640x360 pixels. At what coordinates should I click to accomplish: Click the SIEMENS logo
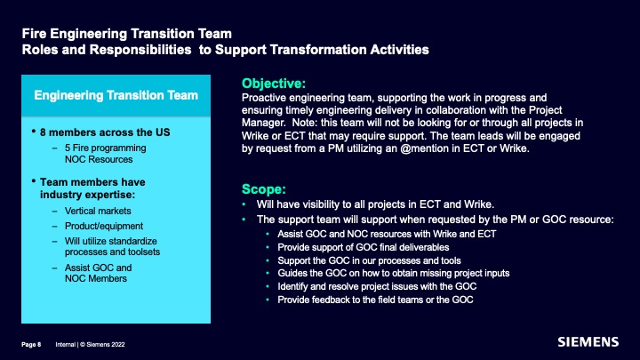(588, 342)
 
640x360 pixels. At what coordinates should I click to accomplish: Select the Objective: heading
(274, 84)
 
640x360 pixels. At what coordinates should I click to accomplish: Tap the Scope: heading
(264, 189)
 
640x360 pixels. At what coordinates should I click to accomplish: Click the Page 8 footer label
(31, 345)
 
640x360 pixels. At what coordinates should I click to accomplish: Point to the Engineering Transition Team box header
(116, 95)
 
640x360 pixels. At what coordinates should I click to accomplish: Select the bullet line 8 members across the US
(105, 132)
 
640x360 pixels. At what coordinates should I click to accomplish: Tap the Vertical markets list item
(98, 211)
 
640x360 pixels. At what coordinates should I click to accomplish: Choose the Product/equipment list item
(104, 226)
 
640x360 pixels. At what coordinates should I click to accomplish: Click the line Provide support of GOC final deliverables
(364, 247)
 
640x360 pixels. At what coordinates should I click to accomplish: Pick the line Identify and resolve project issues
(377, 286)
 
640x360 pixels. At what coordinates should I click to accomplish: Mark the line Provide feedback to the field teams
(375, 300)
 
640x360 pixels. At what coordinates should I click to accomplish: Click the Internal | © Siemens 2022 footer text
(90, 345)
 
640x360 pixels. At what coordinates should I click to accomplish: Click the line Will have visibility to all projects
(375, 204)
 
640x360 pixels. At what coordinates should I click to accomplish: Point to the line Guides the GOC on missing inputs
(394, 274)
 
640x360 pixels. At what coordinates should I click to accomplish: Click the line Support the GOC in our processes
(369, 260)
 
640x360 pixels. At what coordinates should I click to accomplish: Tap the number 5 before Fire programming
(68, 148)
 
